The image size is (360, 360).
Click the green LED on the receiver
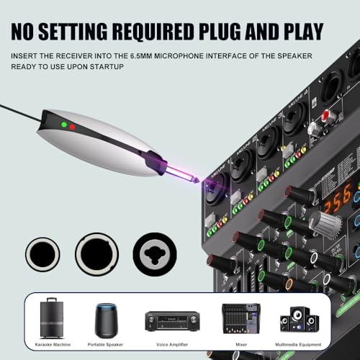[64, 125]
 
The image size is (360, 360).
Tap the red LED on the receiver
[73, 127]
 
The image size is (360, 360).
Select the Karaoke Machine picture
[51, 318]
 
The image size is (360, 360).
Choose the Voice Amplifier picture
[171, 321]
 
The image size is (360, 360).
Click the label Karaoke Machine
[51, 344]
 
